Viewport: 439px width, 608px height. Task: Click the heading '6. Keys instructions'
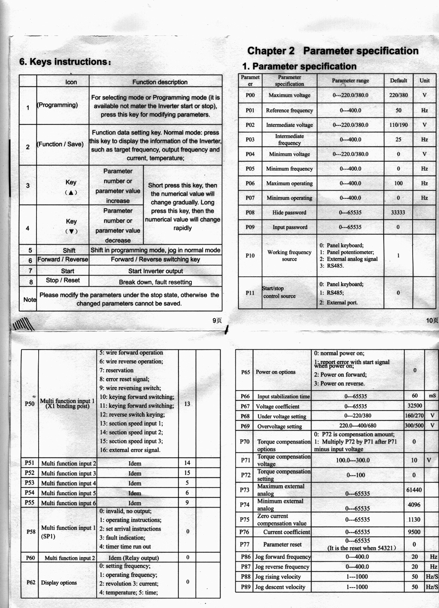65,62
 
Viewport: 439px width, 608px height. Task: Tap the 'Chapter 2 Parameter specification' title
333,51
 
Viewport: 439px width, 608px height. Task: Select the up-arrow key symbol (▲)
71,192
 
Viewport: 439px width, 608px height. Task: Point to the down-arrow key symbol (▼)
71,231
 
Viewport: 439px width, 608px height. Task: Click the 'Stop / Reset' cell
63,280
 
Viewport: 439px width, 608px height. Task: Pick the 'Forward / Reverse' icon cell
63,260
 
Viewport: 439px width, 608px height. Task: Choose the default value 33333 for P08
398,212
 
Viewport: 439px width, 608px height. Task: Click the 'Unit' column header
424,81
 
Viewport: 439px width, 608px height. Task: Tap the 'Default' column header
398,81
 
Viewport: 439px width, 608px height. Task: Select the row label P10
250,255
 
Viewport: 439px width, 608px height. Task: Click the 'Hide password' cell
289,212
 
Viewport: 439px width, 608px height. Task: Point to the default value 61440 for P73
414,490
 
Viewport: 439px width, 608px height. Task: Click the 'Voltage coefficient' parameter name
278,406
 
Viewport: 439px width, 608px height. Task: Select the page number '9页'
217,320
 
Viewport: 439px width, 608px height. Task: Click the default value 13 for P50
187,404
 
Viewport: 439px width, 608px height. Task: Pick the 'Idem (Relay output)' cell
133,558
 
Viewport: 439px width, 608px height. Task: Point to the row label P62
30,582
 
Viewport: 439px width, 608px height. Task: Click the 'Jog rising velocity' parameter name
278,577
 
